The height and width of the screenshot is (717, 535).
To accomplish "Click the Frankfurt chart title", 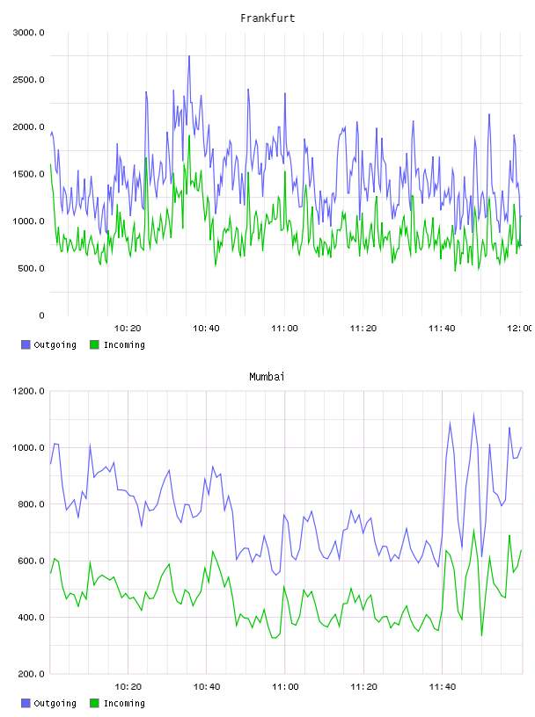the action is [267, 18].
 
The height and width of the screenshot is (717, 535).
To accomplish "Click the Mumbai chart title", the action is [267, 377].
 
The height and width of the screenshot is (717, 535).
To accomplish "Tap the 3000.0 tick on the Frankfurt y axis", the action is [28, 33].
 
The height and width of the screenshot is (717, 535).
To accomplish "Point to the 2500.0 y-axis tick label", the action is [28, 80].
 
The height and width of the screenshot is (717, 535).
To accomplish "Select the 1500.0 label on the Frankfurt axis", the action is [28, 174].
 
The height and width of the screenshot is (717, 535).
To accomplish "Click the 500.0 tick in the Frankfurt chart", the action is [31, 268].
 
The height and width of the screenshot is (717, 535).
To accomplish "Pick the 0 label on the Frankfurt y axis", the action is [41, 315].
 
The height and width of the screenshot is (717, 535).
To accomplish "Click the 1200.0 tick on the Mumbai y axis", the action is [28, 391].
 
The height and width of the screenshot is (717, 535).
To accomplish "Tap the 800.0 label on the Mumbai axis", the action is [31, 503].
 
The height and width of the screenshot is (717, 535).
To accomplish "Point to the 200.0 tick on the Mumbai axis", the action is [31, 674].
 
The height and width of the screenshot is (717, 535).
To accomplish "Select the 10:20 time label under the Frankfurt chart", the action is [128, 329].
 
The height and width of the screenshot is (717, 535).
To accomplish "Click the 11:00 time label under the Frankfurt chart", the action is [284, 329].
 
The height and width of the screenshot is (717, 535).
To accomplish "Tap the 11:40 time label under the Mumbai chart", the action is [443, 687].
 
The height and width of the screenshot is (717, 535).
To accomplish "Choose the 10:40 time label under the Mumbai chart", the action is [207, 687].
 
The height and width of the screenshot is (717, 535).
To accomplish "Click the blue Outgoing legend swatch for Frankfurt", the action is [26, 344].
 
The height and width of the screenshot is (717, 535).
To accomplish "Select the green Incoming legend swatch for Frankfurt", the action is [94, 344].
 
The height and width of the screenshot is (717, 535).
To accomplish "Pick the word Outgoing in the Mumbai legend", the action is [55, 703].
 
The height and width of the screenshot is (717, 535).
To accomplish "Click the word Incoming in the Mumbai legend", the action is [124, 703].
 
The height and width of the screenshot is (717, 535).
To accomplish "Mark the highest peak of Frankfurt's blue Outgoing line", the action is [189, 56].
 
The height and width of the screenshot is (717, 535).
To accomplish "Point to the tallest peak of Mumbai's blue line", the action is [473, 414].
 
